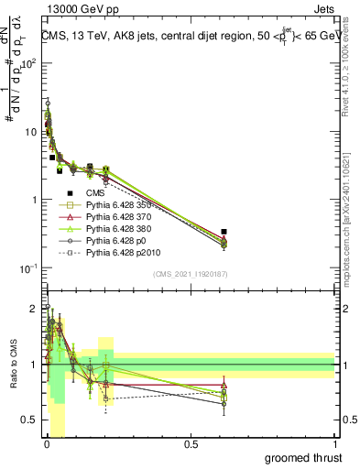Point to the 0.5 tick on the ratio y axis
pos(29,420)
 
